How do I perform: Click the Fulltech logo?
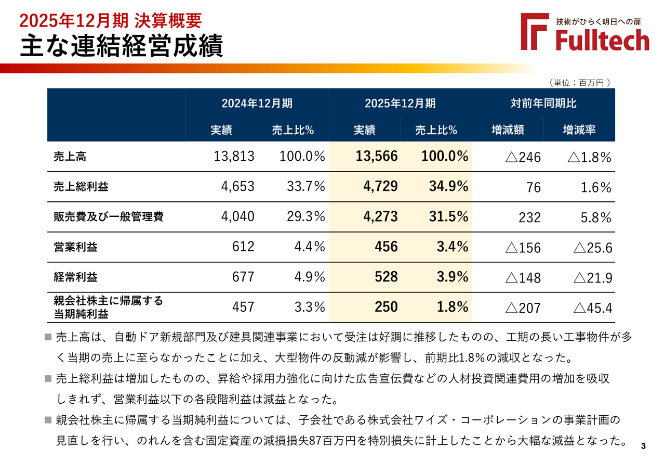[x=585, y=32]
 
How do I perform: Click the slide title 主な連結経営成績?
[x=122, y=46]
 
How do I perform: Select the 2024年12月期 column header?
[x=257, y=103]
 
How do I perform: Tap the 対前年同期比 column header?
[x=543, y=103]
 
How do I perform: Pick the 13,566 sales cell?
[x=377, y=157]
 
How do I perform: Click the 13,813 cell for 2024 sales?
[x=234, y=157]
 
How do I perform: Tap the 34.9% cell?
[x=448, y=187]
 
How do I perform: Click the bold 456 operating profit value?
[x=387, y=247]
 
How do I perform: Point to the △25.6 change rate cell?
[x=592, y=248]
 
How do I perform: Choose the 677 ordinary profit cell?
[x=244, y=277]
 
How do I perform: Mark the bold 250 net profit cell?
[x=387, y=307]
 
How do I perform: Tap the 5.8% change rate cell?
[x=596, y=217]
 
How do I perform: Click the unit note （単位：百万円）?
[x=578, y=82]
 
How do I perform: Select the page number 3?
[x=643, y=446]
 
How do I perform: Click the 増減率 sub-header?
[x=579, y=130]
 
